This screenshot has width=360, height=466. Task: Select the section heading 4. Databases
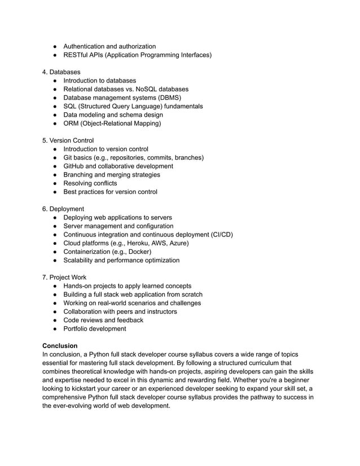[62, 72]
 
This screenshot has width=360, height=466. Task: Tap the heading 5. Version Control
[68, 140]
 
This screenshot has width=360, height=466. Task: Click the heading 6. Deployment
[63, 209]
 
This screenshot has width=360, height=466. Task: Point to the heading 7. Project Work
[64, 278]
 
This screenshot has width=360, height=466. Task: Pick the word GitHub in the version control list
[75, 166]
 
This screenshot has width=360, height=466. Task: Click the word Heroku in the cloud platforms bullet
[138, 243]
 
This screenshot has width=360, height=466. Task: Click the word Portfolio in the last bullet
[77, 329]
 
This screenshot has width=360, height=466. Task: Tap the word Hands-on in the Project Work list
[79, 286]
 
